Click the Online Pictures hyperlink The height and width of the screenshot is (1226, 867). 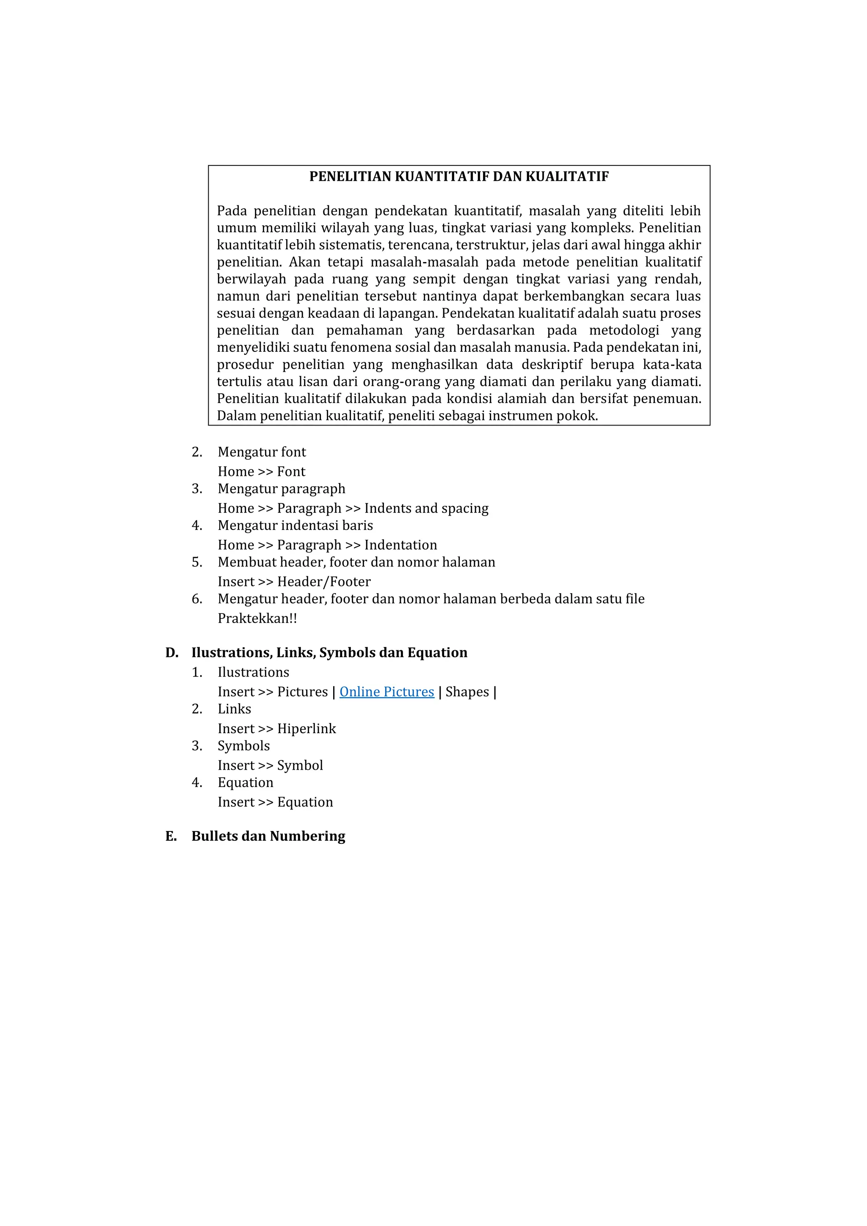pos(387,692)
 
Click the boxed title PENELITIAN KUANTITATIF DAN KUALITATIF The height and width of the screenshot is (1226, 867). pos(459,177)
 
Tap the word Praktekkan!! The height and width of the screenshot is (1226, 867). pos(257,619)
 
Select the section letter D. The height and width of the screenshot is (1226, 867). pos(171,652)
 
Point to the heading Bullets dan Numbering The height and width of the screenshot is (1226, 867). pos(268,836)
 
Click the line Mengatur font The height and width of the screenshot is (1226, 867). pos(262,452)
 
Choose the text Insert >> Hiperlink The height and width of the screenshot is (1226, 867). pos(276,729)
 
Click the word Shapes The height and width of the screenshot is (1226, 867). pos(467,692)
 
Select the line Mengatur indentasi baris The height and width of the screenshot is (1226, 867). pos(295,525)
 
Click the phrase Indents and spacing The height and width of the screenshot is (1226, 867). pos(426,508)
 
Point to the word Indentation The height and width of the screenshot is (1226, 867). pos(400,545)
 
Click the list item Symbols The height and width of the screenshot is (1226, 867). pos(243,746)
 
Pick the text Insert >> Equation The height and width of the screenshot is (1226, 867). pos(275,802)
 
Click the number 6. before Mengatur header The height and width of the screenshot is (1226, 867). pos(197,599)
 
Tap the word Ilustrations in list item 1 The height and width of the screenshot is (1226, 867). pos(253,672)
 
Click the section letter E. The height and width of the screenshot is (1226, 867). pos(171,836)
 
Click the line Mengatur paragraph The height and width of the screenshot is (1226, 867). pos(282,489)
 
